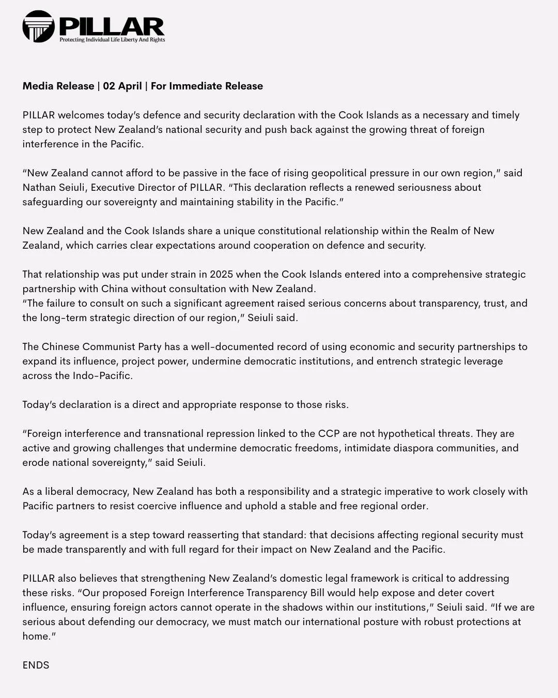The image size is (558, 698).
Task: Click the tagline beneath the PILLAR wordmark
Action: (112, 40)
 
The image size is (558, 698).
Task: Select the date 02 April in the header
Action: (122, 86)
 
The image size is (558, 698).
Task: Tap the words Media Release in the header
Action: (58, 86)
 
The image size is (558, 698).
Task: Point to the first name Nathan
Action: (39, 188)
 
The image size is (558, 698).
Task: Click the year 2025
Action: (222, 275)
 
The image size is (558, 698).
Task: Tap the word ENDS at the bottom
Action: (36, 665)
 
